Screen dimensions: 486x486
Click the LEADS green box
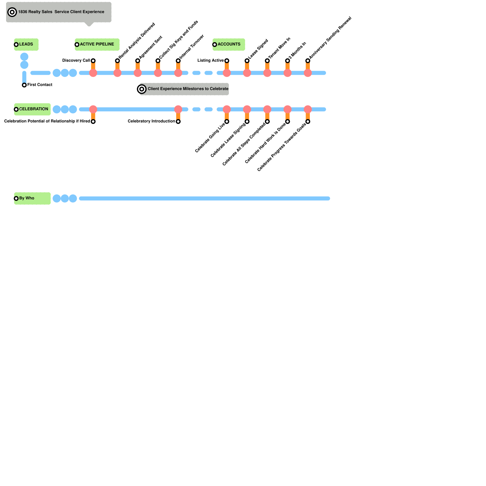pos(26,44)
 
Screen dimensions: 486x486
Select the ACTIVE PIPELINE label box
pos(97,44)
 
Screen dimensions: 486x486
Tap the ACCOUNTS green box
pos(229,44)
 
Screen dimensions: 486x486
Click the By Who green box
pos(32,198)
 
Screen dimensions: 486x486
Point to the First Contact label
pos(40,85)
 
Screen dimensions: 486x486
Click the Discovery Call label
pos(76,60)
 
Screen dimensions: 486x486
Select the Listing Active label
pos(210,60)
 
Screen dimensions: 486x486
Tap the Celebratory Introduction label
pos(151,121)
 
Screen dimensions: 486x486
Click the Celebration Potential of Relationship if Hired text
pos(47,121)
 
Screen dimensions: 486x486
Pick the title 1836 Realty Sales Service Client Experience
pos(61,12)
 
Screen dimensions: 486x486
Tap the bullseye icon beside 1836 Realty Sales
pos(12,12)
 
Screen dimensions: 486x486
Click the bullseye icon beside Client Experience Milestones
pos(142,89)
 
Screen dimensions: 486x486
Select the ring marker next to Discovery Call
pos(93,61)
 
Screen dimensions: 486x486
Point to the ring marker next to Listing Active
pos(227,61)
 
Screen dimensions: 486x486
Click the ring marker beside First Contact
pos(24,85)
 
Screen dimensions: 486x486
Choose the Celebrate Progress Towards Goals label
pos(282,147)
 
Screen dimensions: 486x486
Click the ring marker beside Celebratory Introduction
pos(178,122)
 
